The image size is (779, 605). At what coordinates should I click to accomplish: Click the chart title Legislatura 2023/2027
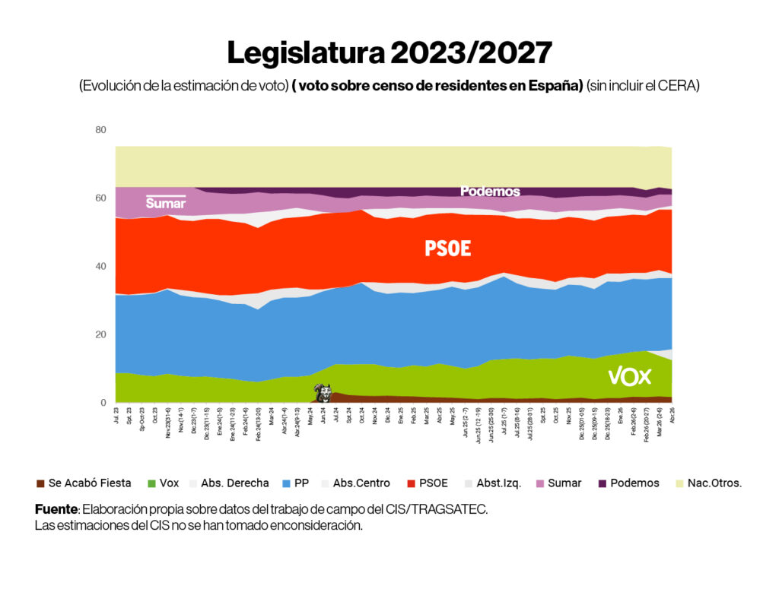click(389, 52)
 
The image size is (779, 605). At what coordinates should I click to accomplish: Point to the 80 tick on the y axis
click(100, 130)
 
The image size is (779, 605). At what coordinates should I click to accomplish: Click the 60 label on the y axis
click(100, 198)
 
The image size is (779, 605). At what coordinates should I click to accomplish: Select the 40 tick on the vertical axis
click(100, 267)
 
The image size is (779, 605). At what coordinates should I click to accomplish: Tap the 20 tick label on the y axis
click(100, 335)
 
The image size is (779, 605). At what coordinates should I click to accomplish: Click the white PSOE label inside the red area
click(447, 249)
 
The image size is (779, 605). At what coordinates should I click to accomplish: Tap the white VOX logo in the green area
click(629, 376)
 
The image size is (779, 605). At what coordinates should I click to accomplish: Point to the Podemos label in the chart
click(490, 192)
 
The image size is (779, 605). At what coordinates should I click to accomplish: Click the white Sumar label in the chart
click(165, 203)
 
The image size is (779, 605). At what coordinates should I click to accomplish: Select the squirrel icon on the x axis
click(324, 393)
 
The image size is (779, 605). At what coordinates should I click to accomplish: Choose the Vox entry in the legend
click(172, 483)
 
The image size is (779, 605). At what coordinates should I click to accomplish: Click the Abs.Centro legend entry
click(361, 483)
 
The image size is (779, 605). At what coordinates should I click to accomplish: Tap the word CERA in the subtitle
click(681, 86)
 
